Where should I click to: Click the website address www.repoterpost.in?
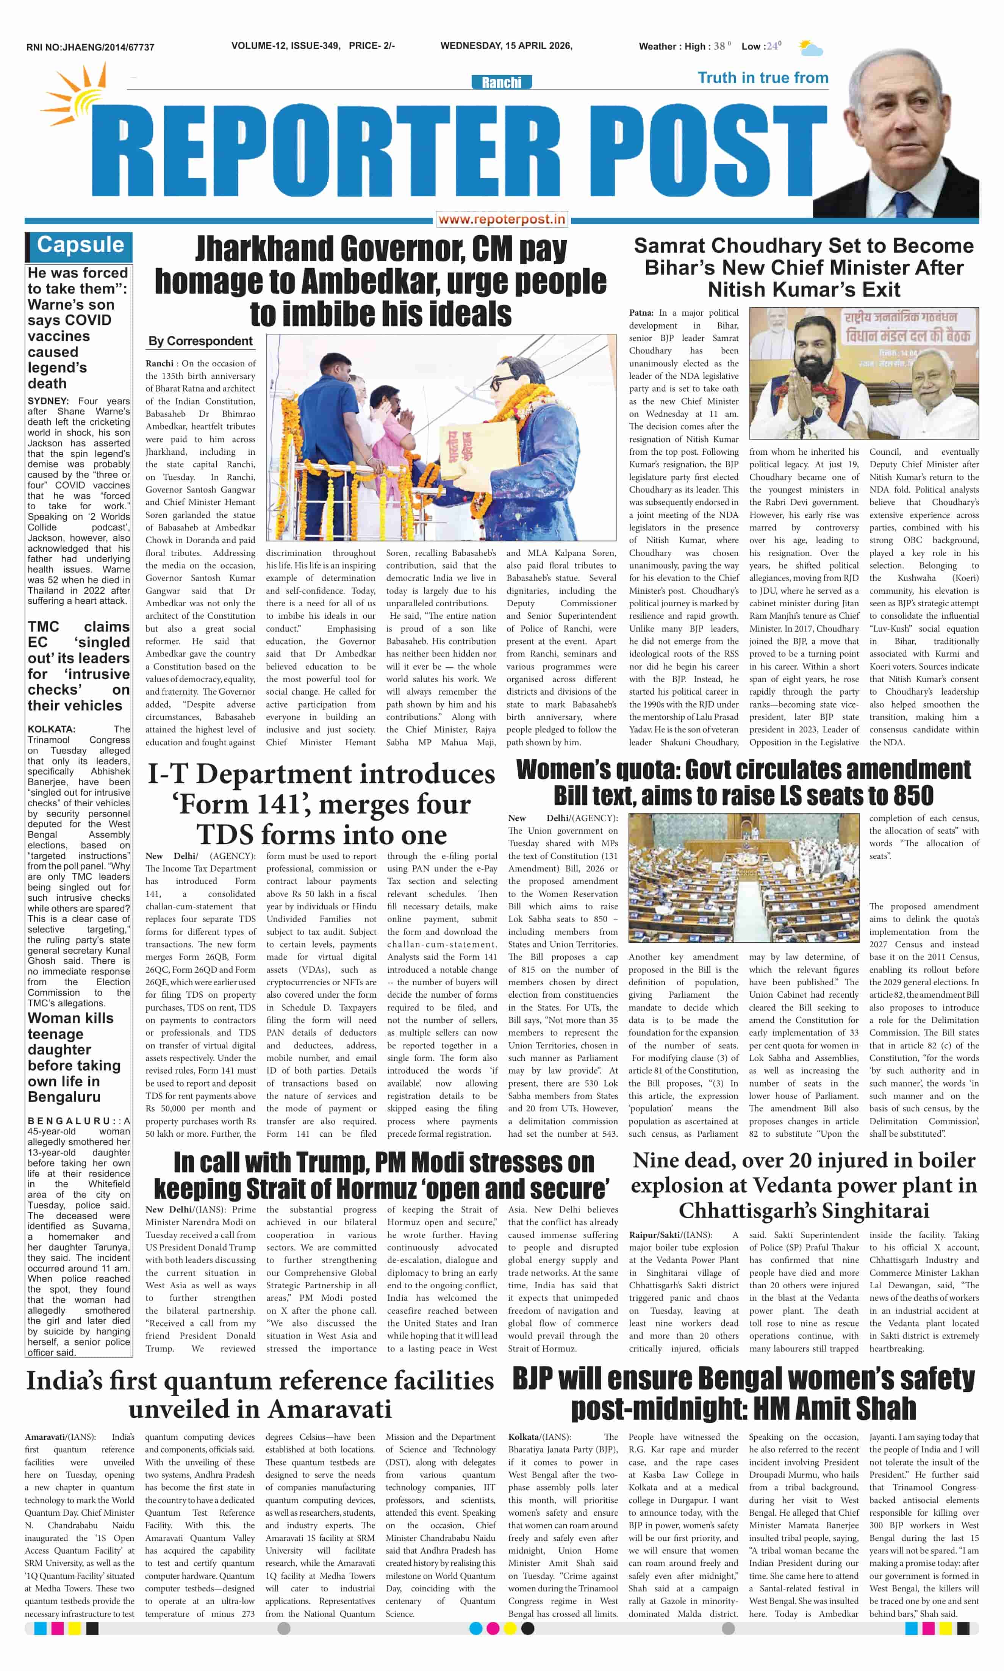coord(501,219)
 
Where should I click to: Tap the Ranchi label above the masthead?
coord(501,83)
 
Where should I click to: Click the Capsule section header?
coord(80,245)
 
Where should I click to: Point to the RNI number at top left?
coord(90,47)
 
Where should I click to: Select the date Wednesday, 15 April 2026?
coord(506,46)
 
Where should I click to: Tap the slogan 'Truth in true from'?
coord(762,78)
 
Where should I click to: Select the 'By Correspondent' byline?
coord(200,341)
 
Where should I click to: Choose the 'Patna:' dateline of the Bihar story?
coord(641,313)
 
